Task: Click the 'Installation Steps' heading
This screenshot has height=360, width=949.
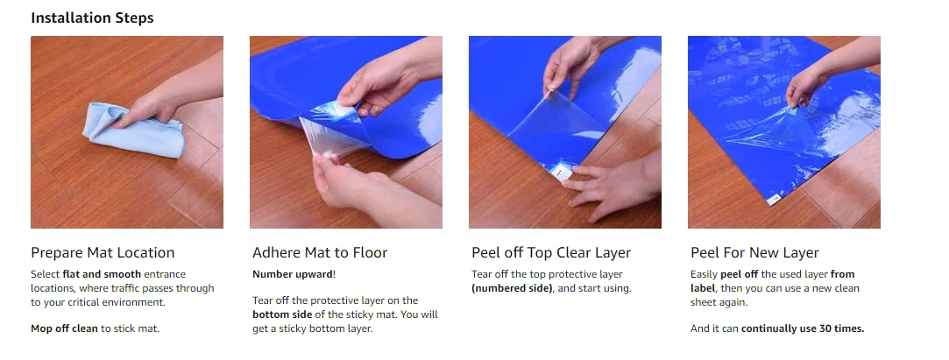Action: click(x=93, y=17)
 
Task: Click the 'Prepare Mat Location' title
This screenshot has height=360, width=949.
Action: click(x=103, y=252)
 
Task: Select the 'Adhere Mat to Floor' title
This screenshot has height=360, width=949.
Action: click(x=320, y=252)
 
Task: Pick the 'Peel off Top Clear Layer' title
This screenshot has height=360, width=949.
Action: click(x=550, y=252)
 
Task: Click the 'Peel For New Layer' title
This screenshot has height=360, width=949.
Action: click(x=754, y=252)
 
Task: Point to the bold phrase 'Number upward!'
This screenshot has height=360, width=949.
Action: click(x=294, y=274)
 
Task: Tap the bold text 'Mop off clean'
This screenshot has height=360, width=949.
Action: click(x=65, y=328)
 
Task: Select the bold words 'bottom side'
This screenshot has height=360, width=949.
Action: click(x=282, y=314)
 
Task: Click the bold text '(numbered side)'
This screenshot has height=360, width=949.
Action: click(x=507, y=288)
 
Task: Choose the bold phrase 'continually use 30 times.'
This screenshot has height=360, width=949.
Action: click(x=803, y=328)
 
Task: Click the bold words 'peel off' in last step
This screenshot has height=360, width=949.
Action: click(x=739, y=274)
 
